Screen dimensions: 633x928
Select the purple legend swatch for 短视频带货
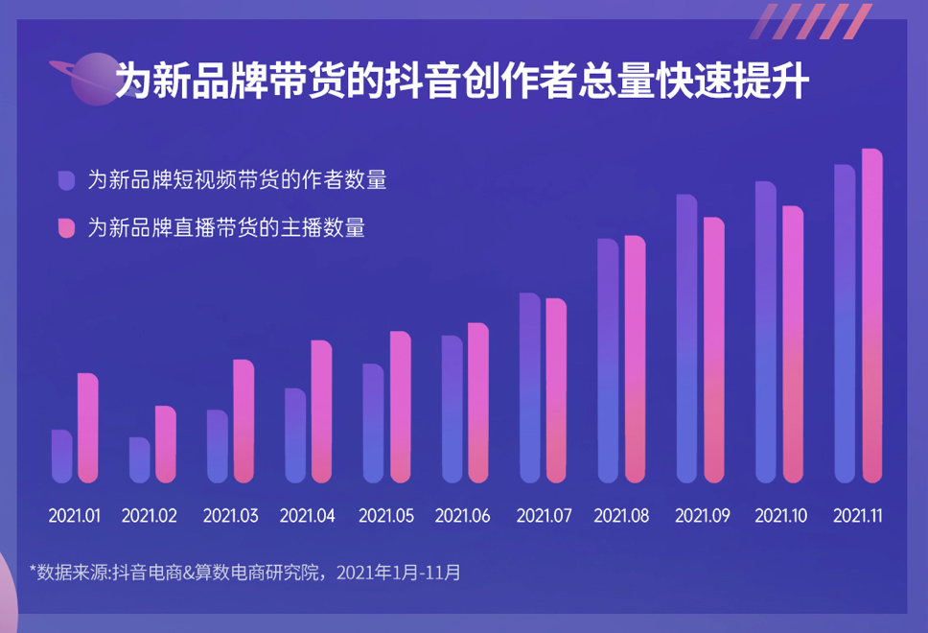click(x=66, y=180)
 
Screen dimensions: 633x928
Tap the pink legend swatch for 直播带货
click(x=66, y=228)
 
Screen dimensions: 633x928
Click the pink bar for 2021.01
click(x=88, y=428)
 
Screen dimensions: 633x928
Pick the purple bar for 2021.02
click(x=140, y=460)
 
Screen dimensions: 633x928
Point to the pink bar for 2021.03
click(x=244, y=422)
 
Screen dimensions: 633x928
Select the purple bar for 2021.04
click(x=295, y=435)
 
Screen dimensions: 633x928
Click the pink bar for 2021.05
click(x=400, y=407)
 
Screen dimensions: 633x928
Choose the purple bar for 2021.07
click(x=530, y=387)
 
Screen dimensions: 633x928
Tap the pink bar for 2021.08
click(x=635, y=359)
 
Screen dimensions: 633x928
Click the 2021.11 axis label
click(x=858, y=516)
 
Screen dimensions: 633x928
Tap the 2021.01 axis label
click(x=75, y=516)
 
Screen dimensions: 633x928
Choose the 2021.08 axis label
click(x=621, y=516)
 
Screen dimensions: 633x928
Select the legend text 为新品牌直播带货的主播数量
click(x=226, y=228)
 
